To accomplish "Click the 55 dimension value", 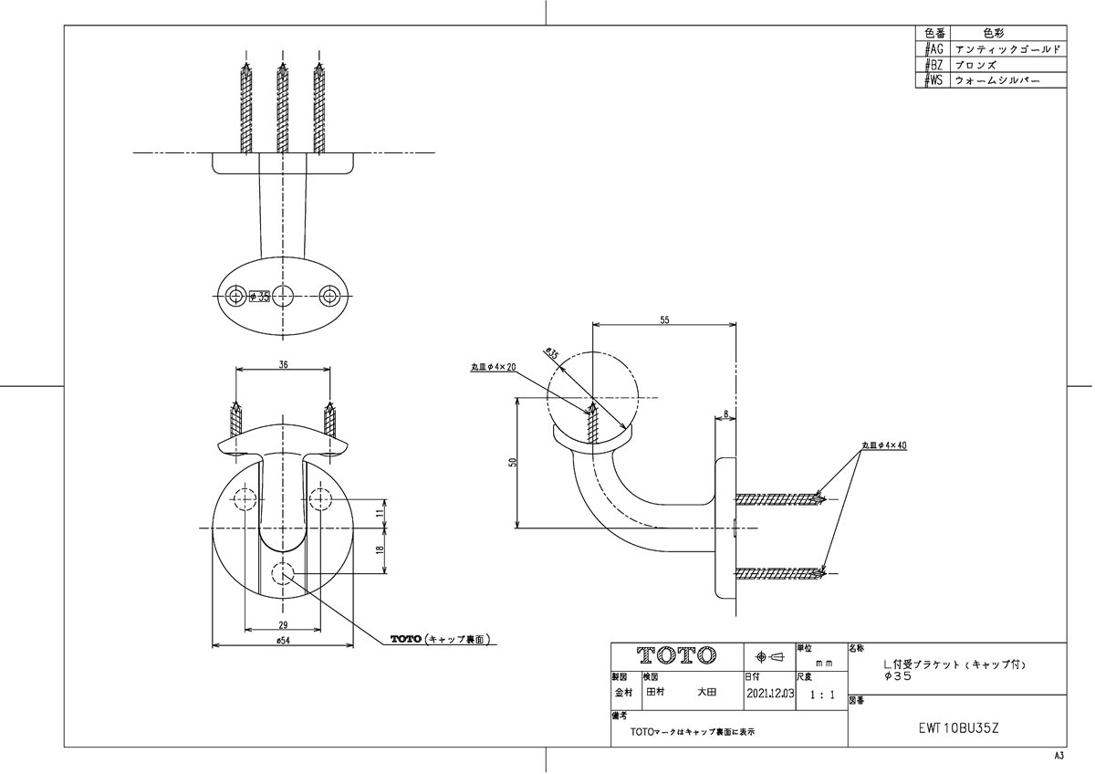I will (663, 320).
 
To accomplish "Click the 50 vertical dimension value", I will (512, 463).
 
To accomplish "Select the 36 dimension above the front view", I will (284, 364).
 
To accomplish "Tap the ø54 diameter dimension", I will (283, 643).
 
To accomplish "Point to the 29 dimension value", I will (284, 624).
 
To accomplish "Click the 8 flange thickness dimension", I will (726, 414).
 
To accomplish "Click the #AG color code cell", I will (933, 48).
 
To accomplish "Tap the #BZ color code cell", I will (933, 65).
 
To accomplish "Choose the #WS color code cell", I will (933, 80).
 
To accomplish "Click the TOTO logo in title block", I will (676, 656).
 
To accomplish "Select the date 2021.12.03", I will (770, 694).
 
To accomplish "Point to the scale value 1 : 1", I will (821, 695).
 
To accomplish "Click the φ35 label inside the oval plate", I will (258, 296).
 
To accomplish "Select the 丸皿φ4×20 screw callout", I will (494, 367).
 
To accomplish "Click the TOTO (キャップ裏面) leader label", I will (442, 639).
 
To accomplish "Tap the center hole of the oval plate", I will (284, 294).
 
